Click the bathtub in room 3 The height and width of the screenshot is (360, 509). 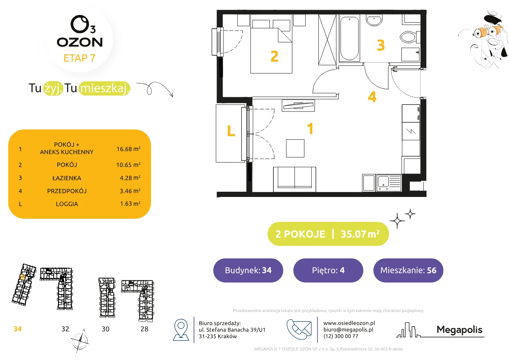[349, 38]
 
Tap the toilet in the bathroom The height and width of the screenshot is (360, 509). [410, 37]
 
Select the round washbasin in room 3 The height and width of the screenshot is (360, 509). [374, 20]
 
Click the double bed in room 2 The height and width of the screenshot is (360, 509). [271, 50]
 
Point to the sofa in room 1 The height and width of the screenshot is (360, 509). [294, 179]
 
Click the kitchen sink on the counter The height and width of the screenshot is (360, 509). [389, 183]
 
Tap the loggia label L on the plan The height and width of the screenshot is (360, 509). [231, 131]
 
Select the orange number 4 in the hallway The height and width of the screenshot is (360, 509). [372, 97]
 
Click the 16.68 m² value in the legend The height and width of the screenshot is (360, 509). [128, 149]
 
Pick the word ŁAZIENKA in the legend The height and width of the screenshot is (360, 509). [67, 178]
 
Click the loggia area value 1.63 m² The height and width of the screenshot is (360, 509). [130, 203]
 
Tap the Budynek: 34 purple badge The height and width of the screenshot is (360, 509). [248, 270]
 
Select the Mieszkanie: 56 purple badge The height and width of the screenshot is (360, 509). [408, 270]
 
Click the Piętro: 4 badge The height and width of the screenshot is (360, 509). [328, 270]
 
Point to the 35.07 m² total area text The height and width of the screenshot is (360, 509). [360, 234]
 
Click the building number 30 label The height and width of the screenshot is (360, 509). [105, 329]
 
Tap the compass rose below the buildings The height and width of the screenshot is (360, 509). [80, 341]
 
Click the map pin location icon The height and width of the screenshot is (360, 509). [181, 330]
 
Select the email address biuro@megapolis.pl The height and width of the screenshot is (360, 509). [348, 329]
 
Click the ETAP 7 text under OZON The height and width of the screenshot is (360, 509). [79, 58]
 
